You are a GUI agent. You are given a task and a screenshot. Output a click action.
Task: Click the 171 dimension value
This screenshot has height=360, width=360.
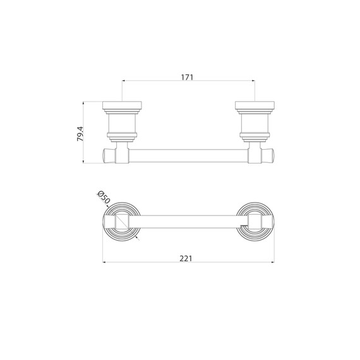click(x=187, y=78)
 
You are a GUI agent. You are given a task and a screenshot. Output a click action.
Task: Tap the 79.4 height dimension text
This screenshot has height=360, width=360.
click(x=80, y=134)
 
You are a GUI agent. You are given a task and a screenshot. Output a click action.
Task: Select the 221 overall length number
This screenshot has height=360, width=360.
click(x=186, y=258)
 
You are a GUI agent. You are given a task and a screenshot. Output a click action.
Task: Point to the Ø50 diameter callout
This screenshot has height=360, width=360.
click(x=104, y=197)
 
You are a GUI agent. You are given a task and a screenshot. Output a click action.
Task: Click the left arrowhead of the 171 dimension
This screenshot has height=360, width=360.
click(x=124, y=81)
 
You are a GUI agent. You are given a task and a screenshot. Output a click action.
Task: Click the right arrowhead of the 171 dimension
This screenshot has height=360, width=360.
click(x=253, y=81)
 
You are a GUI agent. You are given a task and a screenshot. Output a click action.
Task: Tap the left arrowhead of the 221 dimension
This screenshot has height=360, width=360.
click(x=104, y=262)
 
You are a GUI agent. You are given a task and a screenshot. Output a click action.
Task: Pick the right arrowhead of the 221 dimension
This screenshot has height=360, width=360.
click(x=272, y=262)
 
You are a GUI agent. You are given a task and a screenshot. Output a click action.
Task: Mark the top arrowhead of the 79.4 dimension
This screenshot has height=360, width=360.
click(x=83, y=103)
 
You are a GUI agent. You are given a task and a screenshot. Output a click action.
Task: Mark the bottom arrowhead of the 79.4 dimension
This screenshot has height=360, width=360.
click(x=83, y=162)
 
